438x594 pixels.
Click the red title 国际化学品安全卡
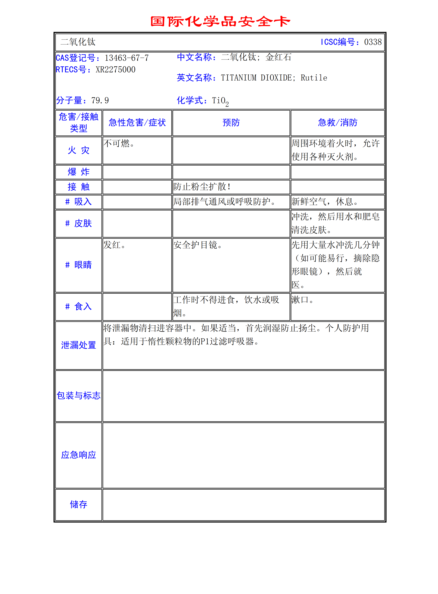(x=220, y=21)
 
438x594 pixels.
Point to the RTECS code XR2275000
(x=115, y=70)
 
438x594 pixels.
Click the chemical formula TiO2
(x=220, y=101)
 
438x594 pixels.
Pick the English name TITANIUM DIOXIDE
(x=256, y=78)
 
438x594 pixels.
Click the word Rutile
(x=314, y=78)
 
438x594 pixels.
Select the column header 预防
(x=231, y=123)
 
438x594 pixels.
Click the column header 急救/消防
(x=338, y=123)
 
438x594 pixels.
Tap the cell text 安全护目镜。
(x=198, y=245)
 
